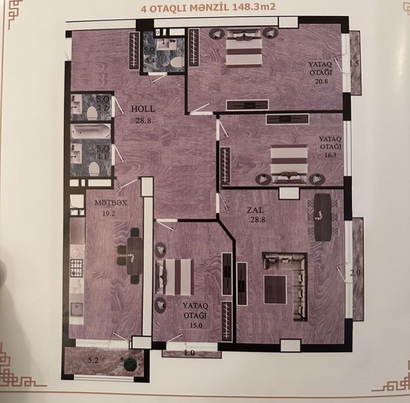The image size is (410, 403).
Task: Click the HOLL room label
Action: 143,109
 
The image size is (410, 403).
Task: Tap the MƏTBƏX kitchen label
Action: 111,203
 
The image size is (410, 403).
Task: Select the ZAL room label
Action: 255,210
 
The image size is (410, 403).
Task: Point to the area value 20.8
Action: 321,81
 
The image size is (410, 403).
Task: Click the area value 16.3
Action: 331,155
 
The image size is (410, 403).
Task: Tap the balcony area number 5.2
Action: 93,360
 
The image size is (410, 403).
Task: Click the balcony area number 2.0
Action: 355,273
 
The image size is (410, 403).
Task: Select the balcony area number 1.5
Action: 354,64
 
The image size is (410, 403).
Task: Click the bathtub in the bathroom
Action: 91,131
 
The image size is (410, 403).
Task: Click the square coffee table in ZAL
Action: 275,289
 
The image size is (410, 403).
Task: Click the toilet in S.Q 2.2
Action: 92,113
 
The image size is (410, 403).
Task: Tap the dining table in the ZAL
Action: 323,217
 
